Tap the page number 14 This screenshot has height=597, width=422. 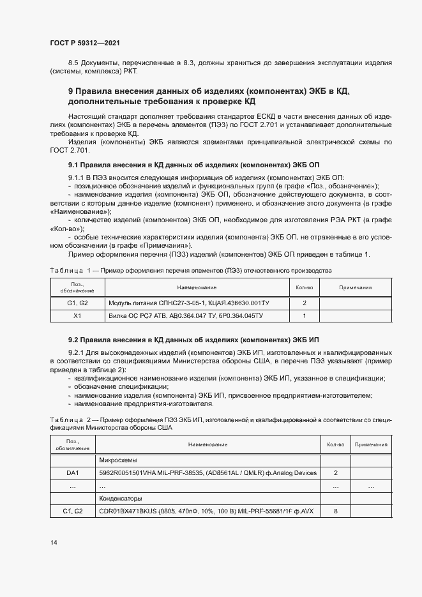point(53,543)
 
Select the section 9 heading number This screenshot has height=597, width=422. point(72,92)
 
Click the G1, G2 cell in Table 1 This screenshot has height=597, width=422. point(77,303)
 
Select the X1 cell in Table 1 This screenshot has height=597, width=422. point(77,315)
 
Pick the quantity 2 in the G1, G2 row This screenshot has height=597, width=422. point(305,303)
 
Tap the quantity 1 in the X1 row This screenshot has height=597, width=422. point(305,315)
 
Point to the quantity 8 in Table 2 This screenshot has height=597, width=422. point(336,511)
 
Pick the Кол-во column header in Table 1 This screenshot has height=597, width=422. point(305,287)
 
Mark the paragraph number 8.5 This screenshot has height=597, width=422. point(74,64)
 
